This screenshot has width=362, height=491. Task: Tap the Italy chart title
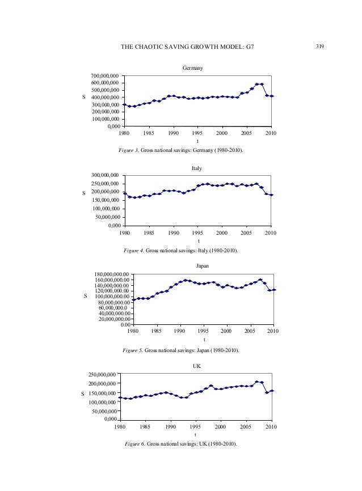point(197,168)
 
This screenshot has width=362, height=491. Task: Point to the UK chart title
point(197,366)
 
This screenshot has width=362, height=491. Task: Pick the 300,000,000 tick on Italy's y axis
point(104,175)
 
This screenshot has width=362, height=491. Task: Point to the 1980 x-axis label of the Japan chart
point(132,332)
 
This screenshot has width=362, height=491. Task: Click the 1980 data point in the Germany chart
point(124,104)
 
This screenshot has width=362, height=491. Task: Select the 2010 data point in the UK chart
point(272,391)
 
